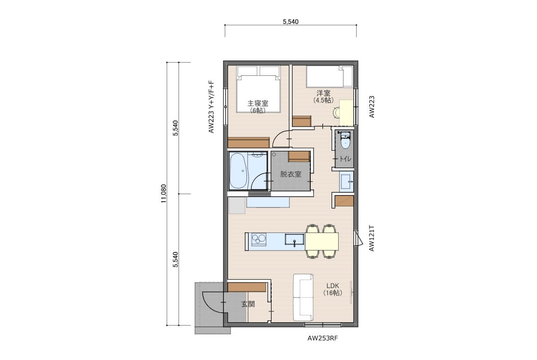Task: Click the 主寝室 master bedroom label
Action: (257, 103)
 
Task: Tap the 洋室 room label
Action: (324, 93)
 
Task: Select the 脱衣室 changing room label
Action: (291, 174)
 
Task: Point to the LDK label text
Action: (332, 286)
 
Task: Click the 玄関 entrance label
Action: (248, 304)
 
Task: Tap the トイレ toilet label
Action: (345, 159)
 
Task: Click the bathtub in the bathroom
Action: (238, 171)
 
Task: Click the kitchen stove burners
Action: (259, 239)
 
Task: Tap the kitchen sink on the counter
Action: (295, 240)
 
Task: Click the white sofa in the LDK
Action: (303, 297)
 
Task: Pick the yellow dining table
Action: (322, 241)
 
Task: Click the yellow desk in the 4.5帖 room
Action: (346, 113)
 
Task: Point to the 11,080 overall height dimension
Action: (163, 194)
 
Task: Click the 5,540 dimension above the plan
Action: (290, 22)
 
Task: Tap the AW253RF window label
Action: (322, 338)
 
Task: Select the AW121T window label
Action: (372, 239)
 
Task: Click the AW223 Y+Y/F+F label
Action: (211, 107)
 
